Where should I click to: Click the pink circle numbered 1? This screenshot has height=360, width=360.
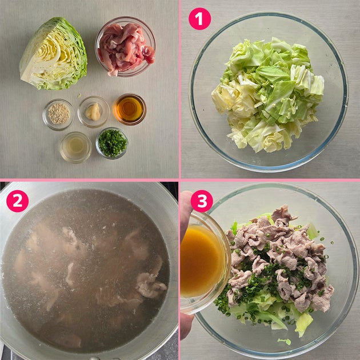(x=199, y=19)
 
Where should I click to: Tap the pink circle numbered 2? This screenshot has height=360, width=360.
(x=18, y=201)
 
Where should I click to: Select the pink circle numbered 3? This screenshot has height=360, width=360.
(x=202, y=201)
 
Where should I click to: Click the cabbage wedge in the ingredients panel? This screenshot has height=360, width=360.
(x=54, y=54)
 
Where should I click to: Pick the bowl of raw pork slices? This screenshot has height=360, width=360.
(x=125, y=47)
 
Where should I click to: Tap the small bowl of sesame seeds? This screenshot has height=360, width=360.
(x=58, y=114)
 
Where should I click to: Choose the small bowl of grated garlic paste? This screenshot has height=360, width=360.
(x=94, y=111)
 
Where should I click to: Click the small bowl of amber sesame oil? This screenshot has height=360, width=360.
(x=130, y=109)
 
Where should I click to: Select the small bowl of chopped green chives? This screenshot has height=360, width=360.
(x=112, y=143)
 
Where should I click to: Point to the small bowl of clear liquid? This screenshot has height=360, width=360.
(x=76, y=147)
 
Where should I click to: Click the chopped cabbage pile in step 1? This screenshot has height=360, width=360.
(x=267, y=95)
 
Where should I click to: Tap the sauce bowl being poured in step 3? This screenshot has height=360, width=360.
(x=205, y=262)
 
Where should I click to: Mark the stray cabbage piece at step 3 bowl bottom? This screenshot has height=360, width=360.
(x=285, y=341)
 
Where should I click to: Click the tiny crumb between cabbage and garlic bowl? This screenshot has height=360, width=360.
(x=79, y=95)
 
